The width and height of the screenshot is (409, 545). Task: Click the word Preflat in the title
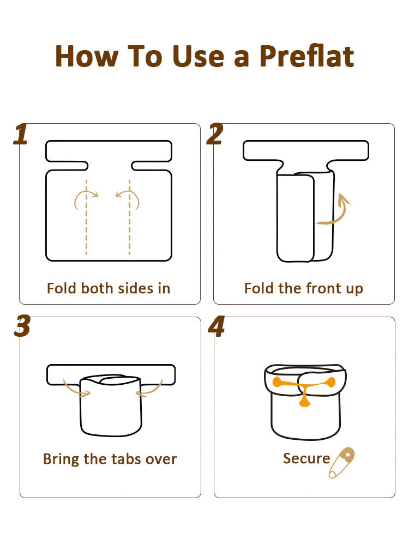tap(306, 56)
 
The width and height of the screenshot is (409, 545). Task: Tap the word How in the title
tap(87, 56)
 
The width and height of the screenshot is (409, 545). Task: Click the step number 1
tap(21, 134)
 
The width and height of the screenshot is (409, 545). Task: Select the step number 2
tap(215, 134)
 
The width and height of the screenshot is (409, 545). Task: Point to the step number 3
tap(22, 326)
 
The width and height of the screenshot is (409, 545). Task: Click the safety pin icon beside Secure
tap(342, 463)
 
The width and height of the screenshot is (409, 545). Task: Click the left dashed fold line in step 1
tap(86, 217)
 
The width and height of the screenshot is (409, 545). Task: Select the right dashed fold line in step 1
tap(129, 217)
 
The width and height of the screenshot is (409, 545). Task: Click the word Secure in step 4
tap(306, 458)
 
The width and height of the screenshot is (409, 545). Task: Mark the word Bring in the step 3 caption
tap(61, 459)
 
